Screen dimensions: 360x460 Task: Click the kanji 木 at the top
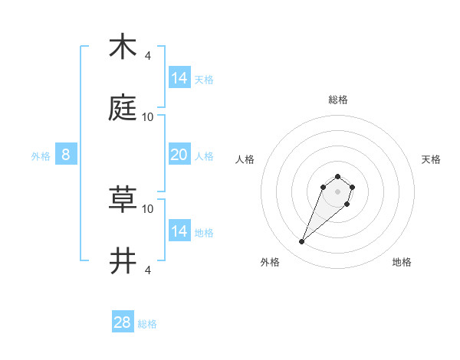pos(123,47)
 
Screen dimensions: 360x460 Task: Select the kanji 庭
pos(123,108)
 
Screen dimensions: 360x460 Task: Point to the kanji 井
pos(123,261)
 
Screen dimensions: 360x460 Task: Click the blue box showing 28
pos(123,322)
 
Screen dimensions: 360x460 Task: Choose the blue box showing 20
pos(179,155)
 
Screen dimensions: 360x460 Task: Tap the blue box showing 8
pos(66,155)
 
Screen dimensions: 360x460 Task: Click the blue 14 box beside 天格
pos(179,77)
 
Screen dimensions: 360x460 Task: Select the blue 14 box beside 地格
pos(179,231)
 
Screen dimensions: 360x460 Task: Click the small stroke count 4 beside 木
pos(147,55)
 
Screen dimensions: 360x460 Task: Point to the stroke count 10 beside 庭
pos(148,116)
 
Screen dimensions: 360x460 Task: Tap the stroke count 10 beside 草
pos(148,208)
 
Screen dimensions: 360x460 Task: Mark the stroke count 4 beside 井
pos(147,270)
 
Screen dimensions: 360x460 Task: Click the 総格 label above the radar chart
pos(338,100)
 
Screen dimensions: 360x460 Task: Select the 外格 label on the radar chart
pos(270,262)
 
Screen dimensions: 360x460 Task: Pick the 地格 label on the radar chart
pos(402,262)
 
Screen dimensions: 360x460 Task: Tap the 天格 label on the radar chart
pos(431,159)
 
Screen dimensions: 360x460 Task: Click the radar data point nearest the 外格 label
pos(302,242)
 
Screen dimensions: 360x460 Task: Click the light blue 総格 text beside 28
pos(147,324)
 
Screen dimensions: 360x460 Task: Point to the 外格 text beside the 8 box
pos(41,156)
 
